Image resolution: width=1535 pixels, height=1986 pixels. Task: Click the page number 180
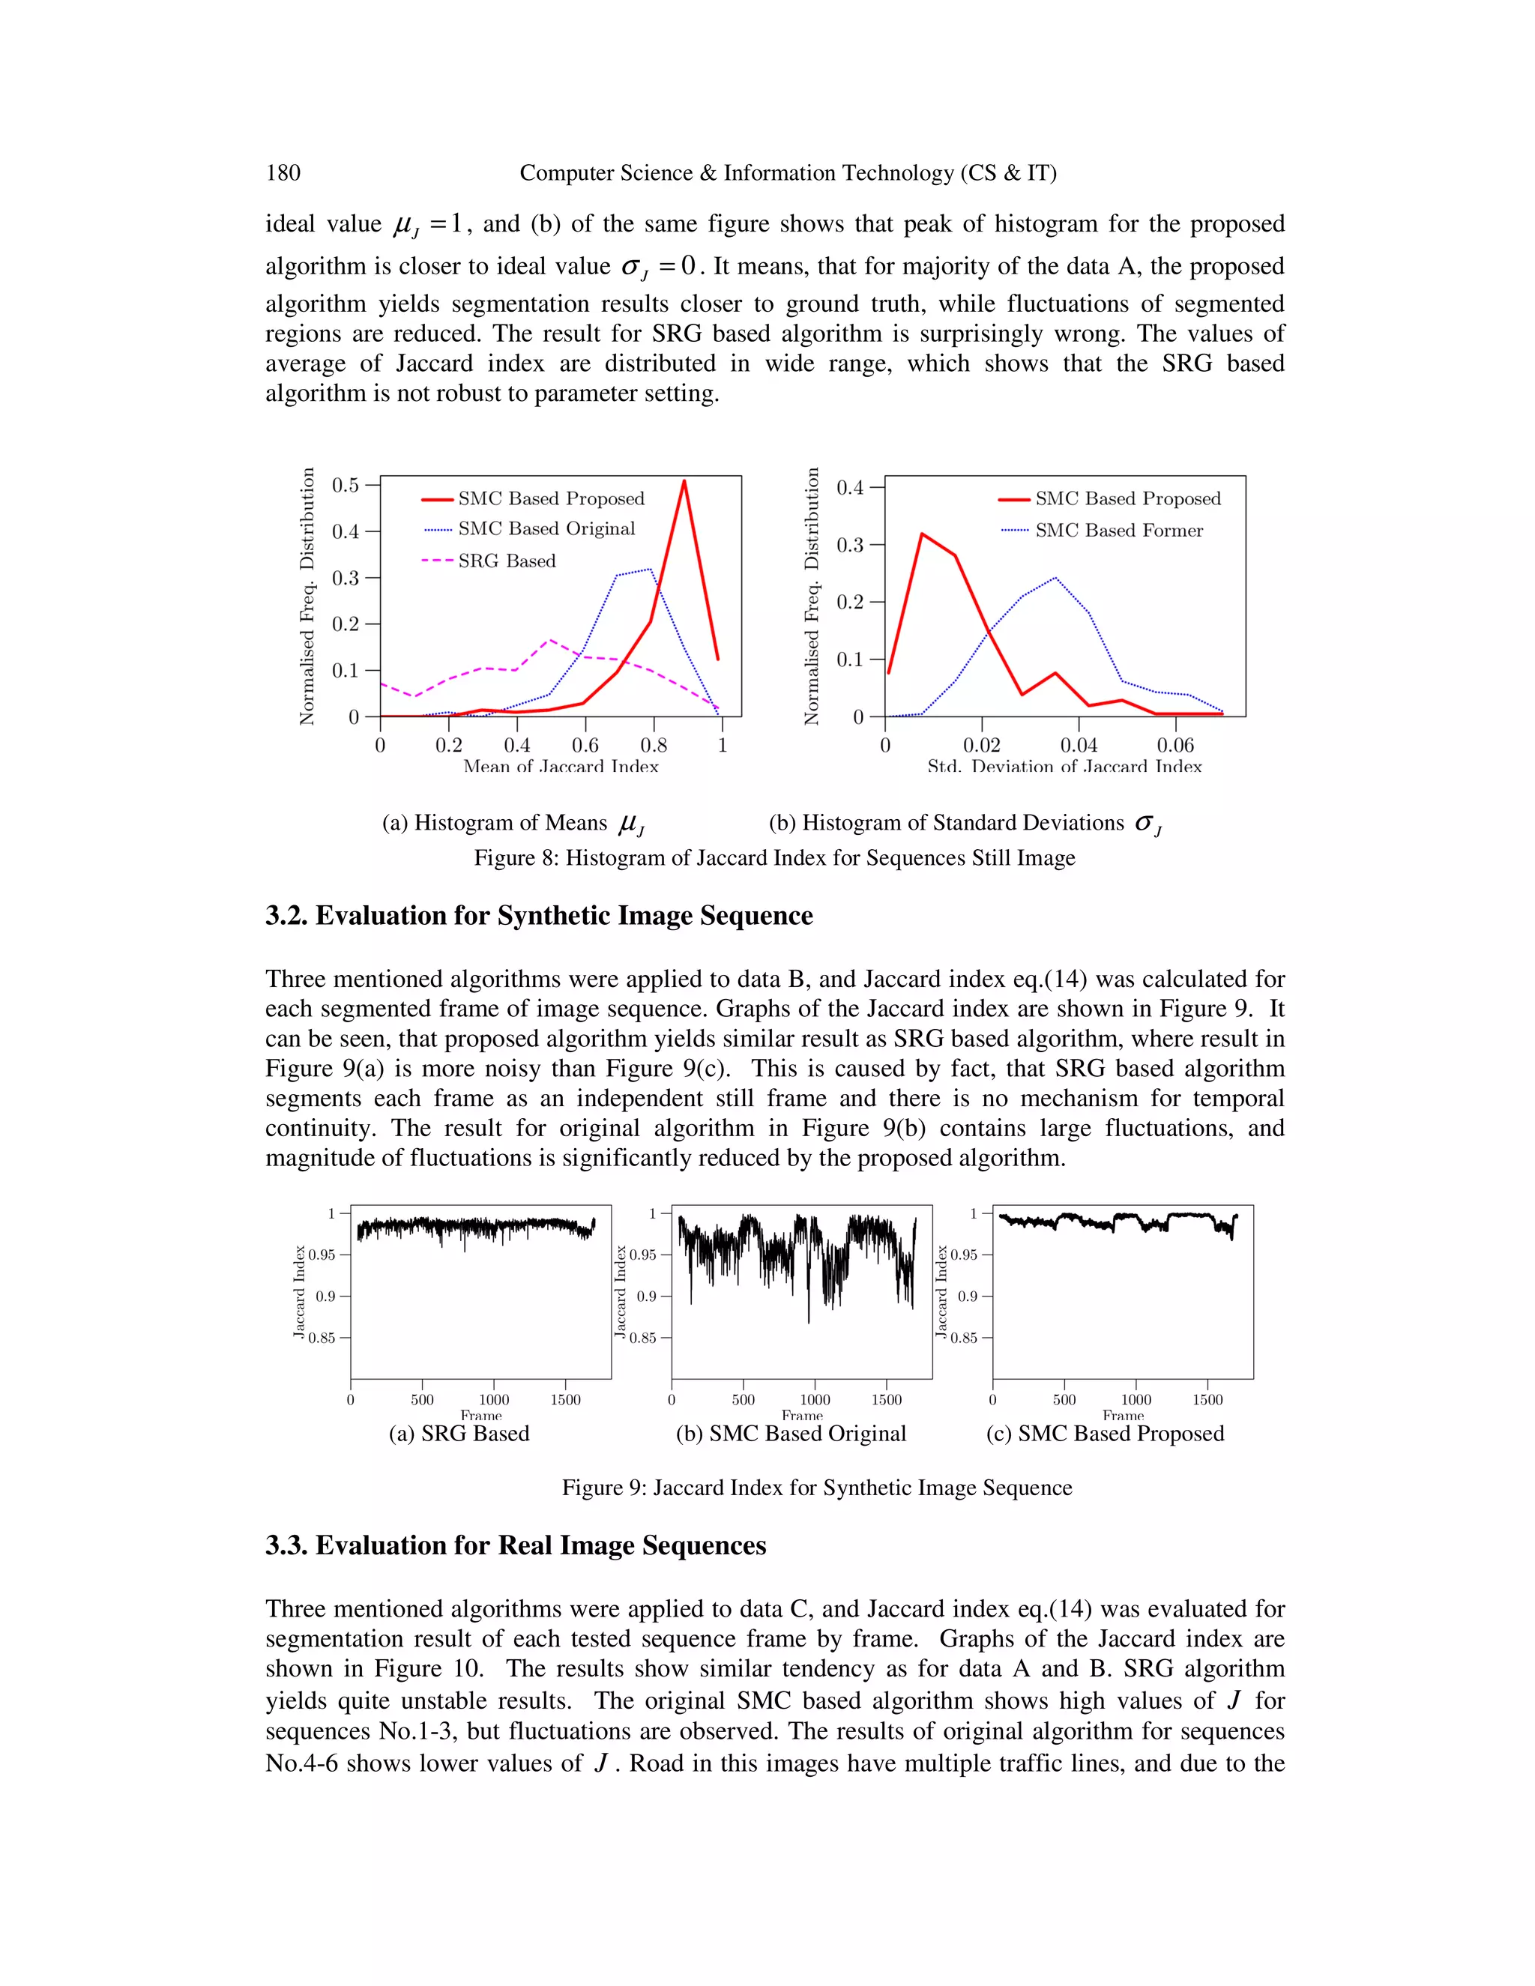pos(283,173)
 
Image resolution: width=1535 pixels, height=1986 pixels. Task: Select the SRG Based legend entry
pos(507,561)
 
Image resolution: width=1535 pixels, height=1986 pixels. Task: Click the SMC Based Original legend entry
pos(546,529)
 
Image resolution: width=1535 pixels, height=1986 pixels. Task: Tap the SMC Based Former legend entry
pos(1118,530)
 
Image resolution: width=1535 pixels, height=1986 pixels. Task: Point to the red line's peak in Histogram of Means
pos(684,481)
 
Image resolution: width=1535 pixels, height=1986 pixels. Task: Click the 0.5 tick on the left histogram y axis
pos(346,485)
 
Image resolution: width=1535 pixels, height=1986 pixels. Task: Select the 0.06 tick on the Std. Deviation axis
pos(1175,746)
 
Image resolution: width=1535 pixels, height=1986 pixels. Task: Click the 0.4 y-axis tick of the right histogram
pos(849,487)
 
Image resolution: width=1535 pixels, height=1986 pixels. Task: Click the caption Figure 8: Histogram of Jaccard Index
pos(773,857)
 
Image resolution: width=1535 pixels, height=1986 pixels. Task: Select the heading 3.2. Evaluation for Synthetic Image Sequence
pos(538,915)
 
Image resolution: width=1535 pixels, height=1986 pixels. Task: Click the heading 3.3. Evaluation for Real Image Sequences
pos(516,1545)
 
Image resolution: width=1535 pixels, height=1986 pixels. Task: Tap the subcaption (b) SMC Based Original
pos(790,1433)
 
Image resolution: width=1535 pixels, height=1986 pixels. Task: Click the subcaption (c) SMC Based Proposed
pos(1104,1433)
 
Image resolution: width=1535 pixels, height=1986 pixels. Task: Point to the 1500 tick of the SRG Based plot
pos(564,1399)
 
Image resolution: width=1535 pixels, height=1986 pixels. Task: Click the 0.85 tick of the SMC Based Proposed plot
pos(963,1338)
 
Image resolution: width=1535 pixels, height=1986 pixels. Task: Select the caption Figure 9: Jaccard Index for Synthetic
pos(817,1488)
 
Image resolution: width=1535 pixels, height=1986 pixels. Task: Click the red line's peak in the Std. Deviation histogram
pos(922,534)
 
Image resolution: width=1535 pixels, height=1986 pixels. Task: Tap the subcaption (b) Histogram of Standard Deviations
pos(964,823)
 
